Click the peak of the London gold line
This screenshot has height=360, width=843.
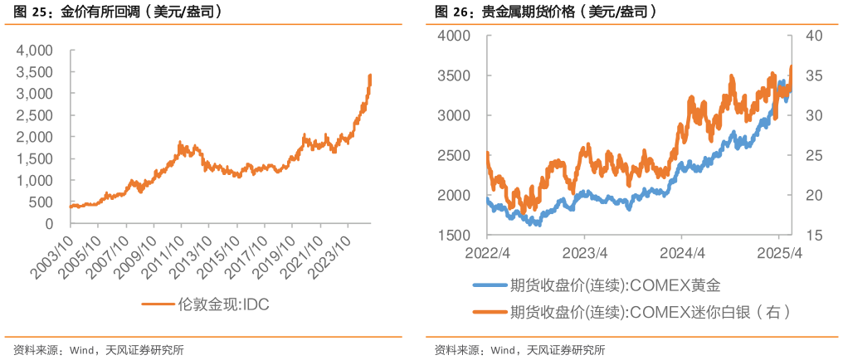(370, 75)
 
